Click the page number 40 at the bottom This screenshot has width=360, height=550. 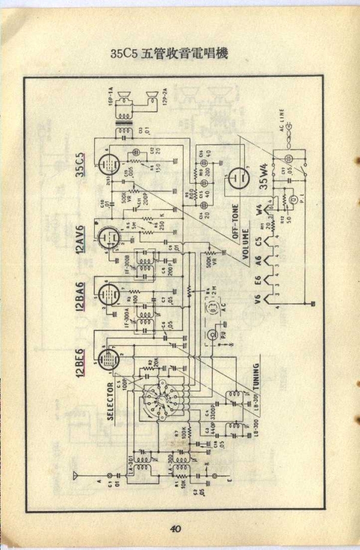tap(175, 528)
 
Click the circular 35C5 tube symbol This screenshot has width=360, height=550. tap(107, 161)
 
